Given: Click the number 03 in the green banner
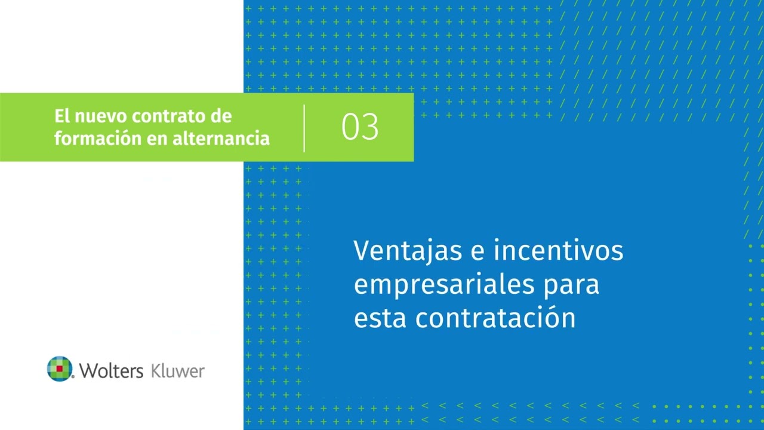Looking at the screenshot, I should [360, 127].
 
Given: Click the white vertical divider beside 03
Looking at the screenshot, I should [304, 128].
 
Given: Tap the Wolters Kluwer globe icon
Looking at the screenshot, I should [59, 368].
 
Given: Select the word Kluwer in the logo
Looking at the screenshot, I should [178, 370].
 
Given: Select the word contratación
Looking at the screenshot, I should [495, 318].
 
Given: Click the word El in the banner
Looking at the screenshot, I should [61, 116].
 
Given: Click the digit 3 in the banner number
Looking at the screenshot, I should [370, 127].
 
